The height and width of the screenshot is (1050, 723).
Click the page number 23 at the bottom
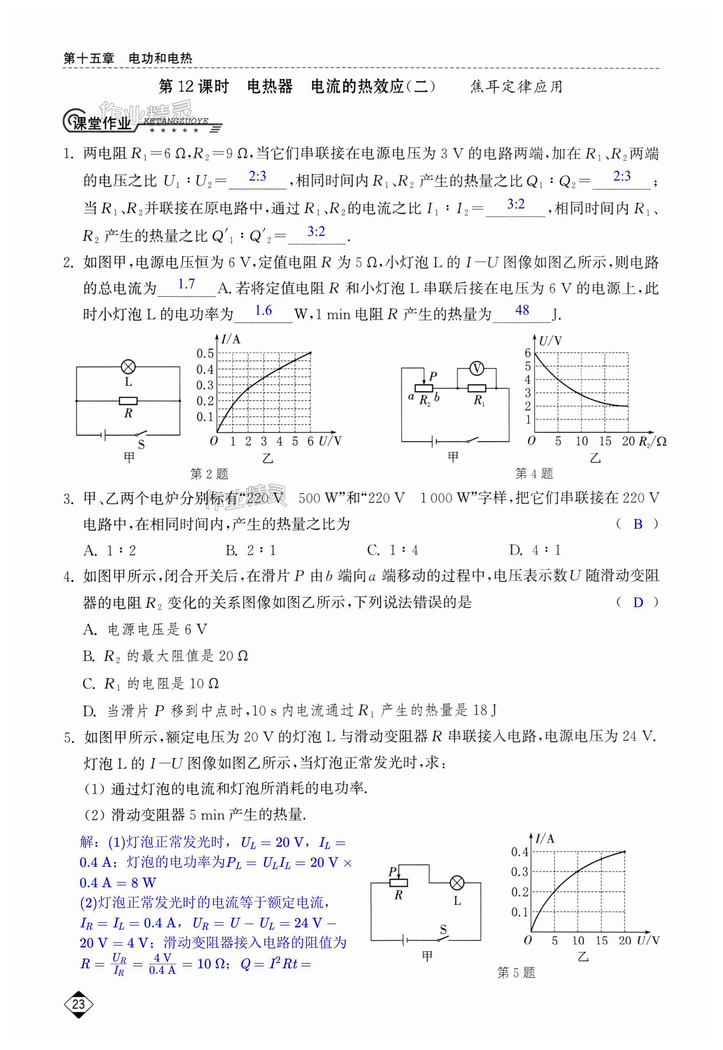coord(78,1004)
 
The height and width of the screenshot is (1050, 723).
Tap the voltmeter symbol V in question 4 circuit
coord(476,369)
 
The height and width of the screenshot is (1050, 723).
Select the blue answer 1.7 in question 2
coord(186,284)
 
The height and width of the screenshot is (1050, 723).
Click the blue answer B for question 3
coord(638,524)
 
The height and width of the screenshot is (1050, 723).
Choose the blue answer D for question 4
coord(638,602)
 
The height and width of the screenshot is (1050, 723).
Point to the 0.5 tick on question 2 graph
coord(205,353)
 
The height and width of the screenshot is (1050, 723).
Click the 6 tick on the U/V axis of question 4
coord(527,353)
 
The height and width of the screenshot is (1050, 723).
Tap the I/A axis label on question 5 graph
coord(545,839)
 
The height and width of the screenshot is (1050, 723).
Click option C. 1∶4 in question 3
coord(392,550)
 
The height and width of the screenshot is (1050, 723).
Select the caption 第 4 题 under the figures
coord(534,474)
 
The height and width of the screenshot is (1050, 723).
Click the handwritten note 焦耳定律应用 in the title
coord(516,87)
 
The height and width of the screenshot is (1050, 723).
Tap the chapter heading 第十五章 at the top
coord(89,58)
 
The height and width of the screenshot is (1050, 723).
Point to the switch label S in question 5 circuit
coord(443,930)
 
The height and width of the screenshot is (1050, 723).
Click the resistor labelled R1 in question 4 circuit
coord(476,388)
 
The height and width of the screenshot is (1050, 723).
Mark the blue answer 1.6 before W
coord(263,311)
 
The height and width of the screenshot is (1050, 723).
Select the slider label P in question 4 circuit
coord(433,376)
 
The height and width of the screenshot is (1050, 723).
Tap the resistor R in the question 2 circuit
coord(128,401)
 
